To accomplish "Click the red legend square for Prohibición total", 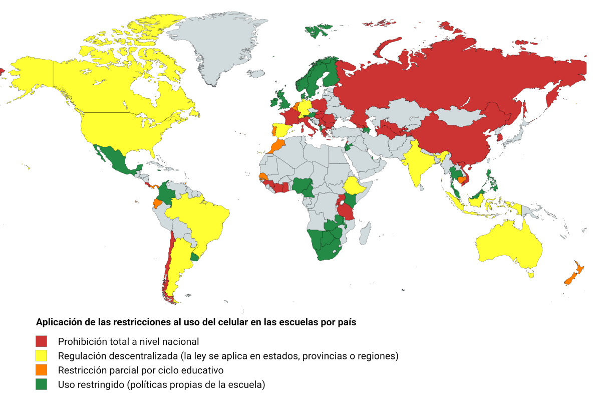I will point(41,341).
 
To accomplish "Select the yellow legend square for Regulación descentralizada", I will point(41,356).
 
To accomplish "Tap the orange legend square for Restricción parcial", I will point(41,370).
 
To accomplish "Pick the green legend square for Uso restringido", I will point(41,385).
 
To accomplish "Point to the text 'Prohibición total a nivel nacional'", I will point(129,341).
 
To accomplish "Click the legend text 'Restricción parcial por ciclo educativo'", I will point(140,370).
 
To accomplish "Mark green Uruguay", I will point(195,257).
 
